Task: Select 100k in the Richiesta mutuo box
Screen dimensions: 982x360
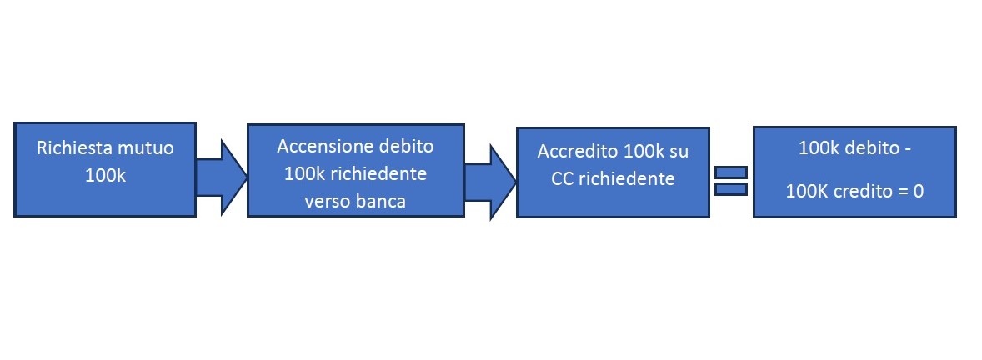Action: point(105,175)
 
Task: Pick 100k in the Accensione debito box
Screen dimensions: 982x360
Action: point(304,173)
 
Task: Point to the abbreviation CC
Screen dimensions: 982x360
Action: point(563,179)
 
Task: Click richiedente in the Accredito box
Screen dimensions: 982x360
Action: point(626,179)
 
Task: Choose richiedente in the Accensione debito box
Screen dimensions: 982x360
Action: point(378,173)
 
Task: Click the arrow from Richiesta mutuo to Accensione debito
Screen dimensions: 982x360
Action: point(222,177)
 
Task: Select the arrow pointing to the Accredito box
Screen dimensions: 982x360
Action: point(489,182)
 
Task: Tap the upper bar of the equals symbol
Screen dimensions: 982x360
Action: point(731,172)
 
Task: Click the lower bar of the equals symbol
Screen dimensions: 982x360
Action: point(731,188)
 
